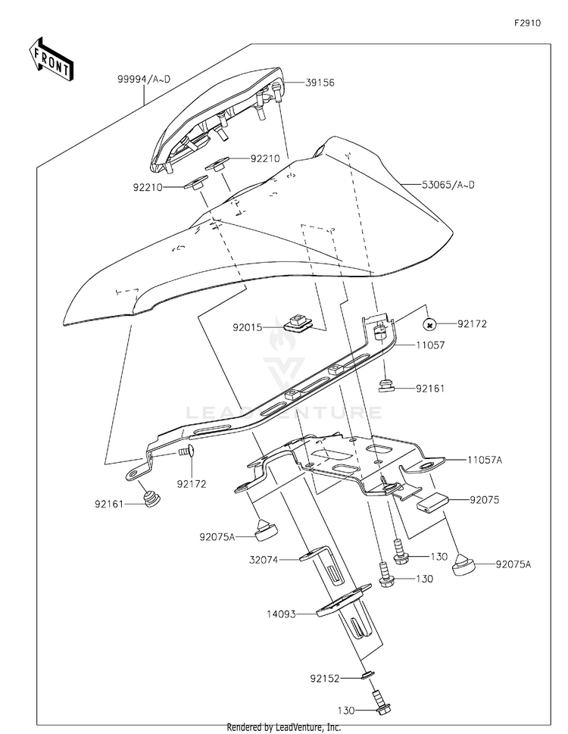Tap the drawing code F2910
[527, 23]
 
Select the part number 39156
[320, 83]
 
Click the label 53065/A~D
[448, 184]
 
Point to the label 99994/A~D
[144, 79]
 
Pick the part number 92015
[248, 328]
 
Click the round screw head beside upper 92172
[429, 323]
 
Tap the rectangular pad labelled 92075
[433, 501]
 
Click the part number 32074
[264, 560]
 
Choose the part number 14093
[281, 614]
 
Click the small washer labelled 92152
[368, 675]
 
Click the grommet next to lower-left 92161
[151, 499]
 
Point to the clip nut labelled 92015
[296, 323]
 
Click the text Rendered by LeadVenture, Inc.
[283, 727]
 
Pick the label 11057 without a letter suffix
[430, 345]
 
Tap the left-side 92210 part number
[148, 188]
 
